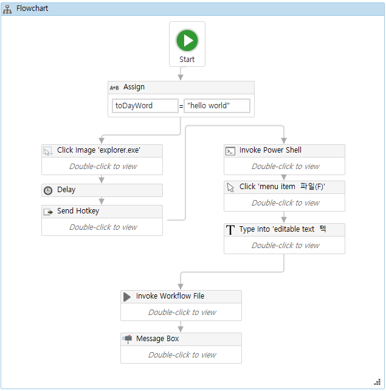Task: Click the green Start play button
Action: click(187, 41)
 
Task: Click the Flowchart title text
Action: click(32, 9)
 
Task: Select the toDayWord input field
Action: click(145, 106)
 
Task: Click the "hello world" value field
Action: click(216, 106)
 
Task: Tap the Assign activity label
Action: click(134, 87)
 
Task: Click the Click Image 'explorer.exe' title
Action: click(99, 150)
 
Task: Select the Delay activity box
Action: click(102, 190)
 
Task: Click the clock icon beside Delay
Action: click(48, 190)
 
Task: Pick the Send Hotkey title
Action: click(78, 211)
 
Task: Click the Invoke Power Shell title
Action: click(270, 150)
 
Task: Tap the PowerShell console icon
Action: click(230, 151)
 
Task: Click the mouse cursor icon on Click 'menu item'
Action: click(230, 187)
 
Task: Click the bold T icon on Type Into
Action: click(230, 230)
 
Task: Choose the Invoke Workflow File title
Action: click(170, 296)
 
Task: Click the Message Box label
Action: click(157, 339)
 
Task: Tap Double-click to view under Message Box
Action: click(182, 355)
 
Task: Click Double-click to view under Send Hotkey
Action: click(103, 227)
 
